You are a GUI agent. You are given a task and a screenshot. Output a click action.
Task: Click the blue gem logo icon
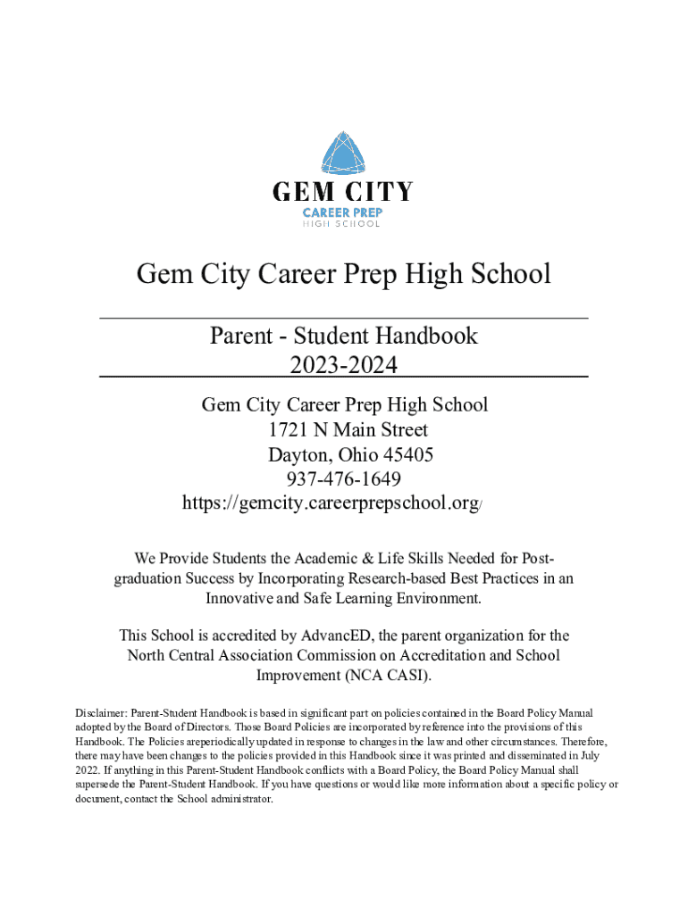click(343, 153)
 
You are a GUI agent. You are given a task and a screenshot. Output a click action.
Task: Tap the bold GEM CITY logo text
click(343, 192)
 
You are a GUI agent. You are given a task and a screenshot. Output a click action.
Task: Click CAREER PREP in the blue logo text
click(343, 212)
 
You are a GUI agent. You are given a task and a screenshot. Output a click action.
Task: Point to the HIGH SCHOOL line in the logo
click(343, 224)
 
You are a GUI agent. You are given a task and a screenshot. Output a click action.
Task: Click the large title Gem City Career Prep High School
click(343, 273)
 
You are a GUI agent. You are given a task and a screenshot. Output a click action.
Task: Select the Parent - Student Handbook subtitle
click(343, 336)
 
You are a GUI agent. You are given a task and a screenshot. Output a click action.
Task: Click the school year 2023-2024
click(343, 365)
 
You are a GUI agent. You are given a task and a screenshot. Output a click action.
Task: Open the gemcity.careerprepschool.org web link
click(331, 503)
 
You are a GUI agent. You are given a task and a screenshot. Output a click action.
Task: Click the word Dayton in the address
click(298, 454)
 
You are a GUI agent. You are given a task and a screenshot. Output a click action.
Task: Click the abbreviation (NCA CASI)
click(387, 675)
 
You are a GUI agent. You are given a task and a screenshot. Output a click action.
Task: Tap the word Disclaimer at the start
click(101, 713)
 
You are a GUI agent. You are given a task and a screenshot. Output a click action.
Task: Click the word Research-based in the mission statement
click(383, 578)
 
